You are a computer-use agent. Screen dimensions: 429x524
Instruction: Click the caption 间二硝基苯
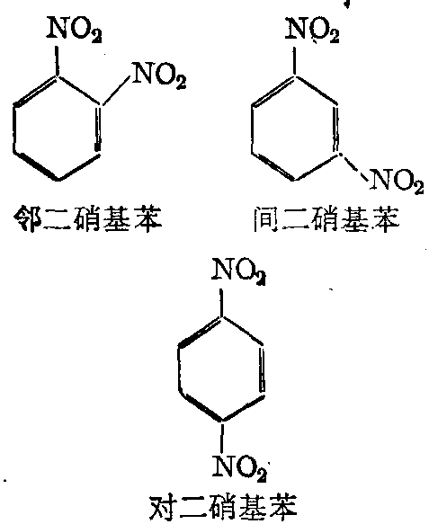tap(326, 218)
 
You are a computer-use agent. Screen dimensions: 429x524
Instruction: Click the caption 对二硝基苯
tap(222, 508)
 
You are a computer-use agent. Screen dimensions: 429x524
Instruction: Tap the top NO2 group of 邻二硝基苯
tap(75, 30)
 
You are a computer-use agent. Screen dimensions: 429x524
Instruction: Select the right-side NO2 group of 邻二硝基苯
tap(159, 75)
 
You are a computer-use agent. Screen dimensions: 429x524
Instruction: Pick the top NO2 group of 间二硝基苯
tap(312, 30)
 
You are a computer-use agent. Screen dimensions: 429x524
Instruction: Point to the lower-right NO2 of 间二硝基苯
tap(397, 182)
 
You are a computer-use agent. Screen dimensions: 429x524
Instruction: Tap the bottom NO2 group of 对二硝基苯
tap(239, 467)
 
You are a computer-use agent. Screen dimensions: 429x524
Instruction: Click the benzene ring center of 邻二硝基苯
tap(58, 129)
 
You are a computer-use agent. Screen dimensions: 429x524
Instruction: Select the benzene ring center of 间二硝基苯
tap(294, 129)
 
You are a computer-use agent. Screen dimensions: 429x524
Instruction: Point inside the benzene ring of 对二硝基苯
tap(220, 369)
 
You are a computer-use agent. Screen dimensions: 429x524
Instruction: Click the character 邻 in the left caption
tap(27, 218)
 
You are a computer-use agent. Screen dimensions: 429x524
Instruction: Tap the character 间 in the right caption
tap(266, 219)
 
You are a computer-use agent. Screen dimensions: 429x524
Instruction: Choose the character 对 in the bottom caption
tap(162, 508)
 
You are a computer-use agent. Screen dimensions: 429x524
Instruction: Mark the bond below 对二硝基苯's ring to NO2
tap(220, 438)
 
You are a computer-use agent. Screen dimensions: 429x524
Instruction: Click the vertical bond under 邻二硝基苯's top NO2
tap(57, 61)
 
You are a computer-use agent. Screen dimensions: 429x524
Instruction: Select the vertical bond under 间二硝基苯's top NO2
tap(294, 61)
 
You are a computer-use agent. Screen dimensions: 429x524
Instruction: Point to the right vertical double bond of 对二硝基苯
tap(262, 369)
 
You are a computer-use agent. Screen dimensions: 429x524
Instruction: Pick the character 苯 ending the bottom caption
tap(282, 508)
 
